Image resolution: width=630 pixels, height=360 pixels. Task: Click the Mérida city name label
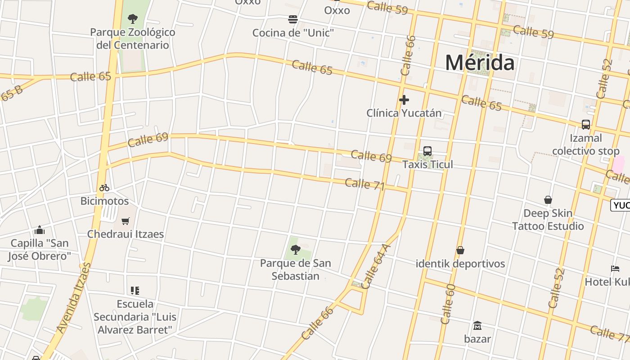click(480, 63)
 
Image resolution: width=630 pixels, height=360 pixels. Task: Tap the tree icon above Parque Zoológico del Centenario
click(132, 19)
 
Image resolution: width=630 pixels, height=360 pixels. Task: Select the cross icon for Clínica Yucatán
click(404, 100)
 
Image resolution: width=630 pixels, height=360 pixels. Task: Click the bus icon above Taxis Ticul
click(427, 151)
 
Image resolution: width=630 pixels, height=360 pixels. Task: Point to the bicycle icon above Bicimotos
click(104, 188)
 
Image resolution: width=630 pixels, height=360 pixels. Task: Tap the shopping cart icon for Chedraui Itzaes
click(125, 221)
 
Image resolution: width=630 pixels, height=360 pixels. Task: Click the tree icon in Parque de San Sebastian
click(296, 250)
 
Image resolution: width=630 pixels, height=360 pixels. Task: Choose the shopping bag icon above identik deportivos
click(460, 250)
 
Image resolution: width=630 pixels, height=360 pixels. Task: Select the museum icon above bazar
click(477, 325)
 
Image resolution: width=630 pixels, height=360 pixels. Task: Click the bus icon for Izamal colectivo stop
click(585, 125)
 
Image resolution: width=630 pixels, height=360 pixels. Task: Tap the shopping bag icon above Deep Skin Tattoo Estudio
click(548, 200)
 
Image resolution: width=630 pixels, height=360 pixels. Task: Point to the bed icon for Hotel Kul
click(615, 269)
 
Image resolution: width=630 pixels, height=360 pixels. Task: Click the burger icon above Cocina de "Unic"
click(293, 19)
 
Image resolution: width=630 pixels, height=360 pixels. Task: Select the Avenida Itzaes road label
click(75, 298)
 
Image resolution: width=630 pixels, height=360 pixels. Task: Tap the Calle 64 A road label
click(376, 266)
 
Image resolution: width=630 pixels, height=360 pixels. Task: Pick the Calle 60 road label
click(448, 304)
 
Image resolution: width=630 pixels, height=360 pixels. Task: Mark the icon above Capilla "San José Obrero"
click(40, 230)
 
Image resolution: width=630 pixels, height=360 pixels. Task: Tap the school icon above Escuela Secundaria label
click(135, 291)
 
